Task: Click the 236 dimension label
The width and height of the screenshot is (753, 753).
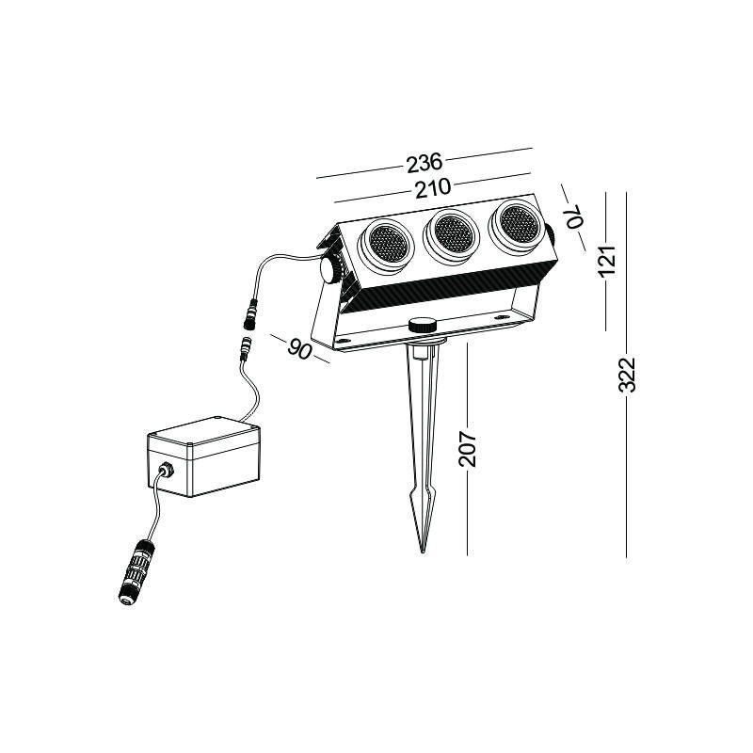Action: (x=425, y=163)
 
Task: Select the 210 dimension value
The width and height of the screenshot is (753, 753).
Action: (x=433, y=187)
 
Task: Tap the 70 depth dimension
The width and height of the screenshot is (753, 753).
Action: (x=574, y=216)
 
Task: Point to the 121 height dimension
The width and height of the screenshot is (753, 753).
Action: (x=607, y=260)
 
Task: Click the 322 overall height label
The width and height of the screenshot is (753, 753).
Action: (x=627, y=375)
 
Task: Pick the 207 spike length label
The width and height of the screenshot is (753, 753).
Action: (x=467, y=449)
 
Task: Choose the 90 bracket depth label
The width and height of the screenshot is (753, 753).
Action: (x=299, y=348)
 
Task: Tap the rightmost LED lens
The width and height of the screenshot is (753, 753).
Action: (x=518, y=223)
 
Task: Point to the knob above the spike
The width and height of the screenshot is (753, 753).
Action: (x=423, y=325)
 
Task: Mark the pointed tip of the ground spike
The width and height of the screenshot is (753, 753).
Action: (x=423, y=553)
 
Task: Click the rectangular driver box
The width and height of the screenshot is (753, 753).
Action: (x=204, y=457)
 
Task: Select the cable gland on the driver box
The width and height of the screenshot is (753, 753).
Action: (x=167, y=469)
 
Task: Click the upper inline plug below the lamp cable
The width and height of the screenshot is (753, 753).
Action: (x=250, y=313)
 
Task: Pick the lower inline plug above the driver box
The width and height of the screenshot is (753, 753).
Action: (x=247, y=350)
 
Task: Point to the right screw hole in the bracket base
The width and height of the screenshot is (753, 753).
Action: (x=502, y=317)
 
